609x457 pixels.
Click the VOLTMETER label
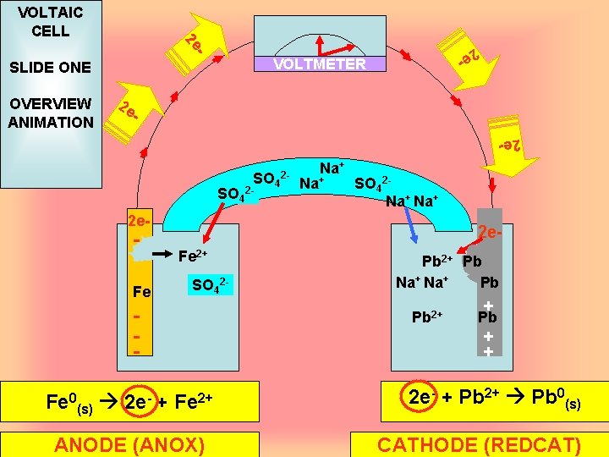(x=320, y=64)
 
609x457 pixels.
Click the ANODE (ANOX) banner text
(x=129, y=445)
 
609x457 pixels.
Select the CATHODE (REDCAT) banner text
(x=479, y=445)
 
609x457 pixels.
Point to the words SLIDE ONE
(x=49, y=68)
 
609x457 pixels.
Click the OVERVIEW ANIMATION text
(x=50, y=113)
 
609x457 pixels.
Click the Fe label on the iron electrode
(x=142, y=292)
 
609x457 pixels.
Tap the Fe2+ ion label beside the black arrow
(x=193, y=253)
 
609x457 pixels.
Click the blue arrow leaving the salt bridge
(x=410, y=227)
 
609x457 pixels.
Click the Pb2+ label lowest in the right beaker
(x=427, y=317)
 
